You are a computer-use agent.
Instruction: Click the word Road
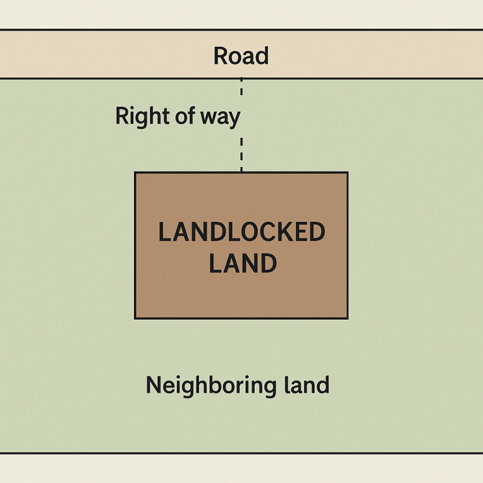pos(241,56)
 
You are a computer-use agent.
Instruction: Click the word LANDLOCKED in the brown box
pos(242,232)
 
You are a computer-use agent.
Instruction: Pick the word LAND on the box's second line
pos(242,263)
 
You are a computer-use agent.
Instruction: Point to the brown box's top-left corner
pos(135,173)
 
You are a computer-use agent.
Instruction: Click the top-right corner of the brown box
pos(347,173)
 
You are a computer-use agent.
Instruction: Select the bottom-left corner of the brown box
pos(135,318)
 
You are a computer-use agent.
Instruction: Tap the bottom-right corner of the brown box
pos(347,318)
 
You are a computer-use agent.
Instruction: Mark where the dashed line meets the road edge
pos(241,79)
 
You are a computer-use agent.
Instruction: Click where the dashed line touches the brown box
pos(241,172)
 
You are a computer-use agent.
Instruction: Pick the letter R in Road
pos(220,56)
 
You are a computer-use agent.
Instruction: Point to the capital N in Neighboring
pos(153,385)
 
